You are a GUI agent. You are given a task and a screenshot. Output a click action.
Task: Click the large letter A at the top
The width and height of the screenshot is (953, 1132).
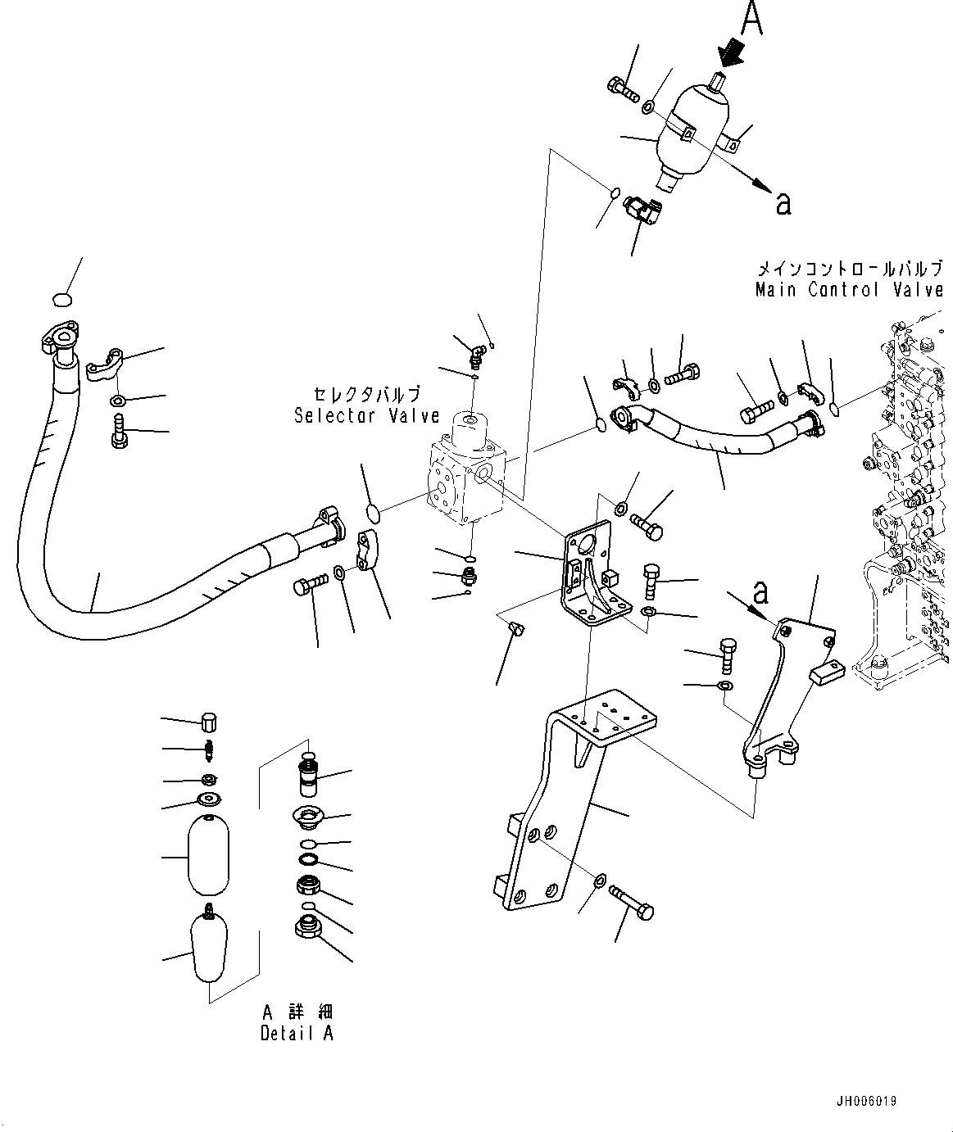click(x=752, y=19)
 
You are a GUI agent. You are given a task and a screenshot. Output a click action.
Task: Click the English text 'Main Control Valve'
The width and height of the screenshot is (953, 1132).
click(x=849, y=289)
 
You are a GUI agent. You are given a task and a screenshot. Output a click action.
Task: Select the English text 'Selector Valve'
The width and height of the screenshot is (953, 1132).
click(x=367, y=415)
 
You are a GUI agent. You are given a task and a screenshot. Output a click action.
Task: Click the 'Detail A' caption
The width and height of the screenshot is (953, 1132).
click(x=297, y=1033)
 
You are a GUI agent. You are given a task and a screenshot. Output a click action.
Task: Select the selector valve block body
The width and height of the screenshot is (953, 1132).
click(x=464, y=479)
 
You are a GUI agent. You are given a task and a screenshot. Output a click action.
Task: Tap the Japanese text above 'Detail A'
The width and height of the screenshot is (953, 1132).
click(x=297, y=1012)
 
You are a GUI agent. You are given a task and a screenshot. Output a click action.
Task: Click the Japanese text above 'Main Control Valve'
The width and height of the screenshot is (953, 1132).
click(x=849, y=268)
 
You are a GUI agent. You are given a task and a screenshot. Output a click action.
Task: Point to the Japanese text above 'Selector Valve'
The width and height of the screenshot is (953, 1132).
click(x=366, y=394)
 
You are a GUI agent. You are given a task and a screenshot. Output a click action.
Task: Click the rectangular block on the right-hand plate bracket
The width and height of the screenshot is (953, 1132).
click(x=826, y=672)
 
